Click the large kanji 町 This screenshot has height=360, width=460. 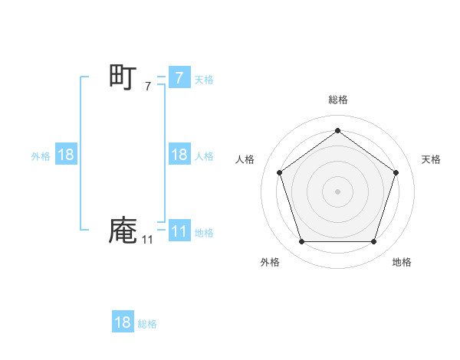point(123,78)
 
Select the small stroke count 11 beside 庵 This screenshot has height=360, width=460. point(147,240)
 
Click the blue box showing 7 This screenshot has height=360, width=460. point(179,77)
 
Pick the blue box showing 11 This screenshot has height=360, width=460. point(179,231)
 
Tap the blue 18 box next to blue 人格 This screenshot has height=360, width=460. point(179,155)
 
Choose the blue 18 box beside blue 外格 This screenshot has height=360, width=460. point(66,155)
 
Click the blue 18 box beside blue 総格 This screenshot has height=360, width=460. point(123,322)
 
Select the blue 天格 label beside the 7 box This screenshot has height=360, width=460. point(204,80)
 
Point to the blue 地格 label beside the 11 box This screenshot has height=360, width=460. point(204,233)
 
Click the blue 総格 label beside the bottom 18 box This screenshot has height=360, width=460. point(147,324)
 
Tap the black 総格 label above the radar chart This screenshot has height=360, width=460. point(337,100)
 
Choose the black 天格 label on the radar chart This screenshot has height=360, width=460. point(432,159)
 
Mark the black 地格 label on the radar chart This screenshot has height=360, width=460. point(402,262)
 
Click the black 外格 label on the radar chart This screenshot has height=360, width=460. point(270,262)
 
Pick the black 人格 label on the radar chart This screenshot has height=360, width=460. point(245,159)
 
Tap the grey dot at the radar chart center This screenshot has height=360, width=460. point(337,191)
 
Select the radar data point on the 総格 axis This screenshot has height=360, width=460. point(337,130)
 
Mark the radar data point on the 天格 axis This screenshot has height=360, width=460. point(396,172)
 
